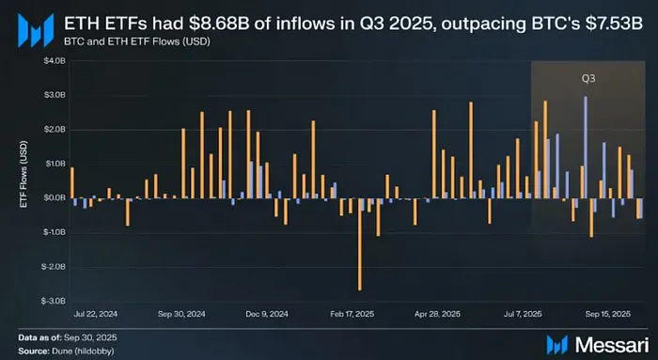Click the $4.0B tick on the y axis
pyautogui.click(x=55, y=61)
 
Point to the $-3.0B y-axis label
pyautogui.click(x=54, y=302)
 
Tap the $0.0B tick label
pyautogui.click(x=55, y=198)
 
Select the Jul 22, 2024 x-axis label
pyautogui.click(x=95, y=314)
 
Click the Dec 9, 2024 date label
pyautogui.click(x=267, y=314)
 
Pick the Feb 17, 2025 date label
pyautogui.click(x=352, y=314)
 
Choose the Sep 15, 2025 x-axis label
pyautogui.click(x=607, y=314)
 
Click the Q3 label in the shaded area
pyautogui.click(x=588, y=78)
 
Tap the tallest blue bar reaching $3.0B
pyautogui.click(x=586, y=148)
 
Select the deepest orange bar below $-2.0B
pyautogui.click(x=360, y=243)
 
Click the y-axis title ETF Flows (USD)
pyautogui.click(x=23, y=174)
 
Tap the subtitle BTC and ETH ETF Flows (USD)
pyautogui.click(x=137, y=42)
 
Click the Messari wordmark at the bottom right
pyautogui.click(x=612, y=345)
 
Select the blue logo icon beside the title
pyautogui.click(x=36, y=30)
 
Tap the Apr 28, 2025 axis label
pyautogui.click(x=437, y=314)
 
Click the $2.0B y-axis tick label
pyautogui.click(x=55, y=130)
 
